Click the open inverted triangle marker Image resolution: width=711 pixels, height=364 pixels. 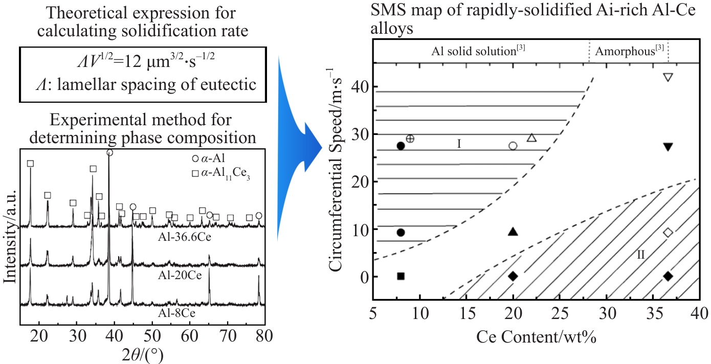point(668,77)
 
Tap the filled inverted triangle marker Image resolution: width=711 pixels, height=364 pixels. point(668,147)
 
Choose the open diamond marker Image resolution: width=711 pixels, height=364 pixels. point(668,233)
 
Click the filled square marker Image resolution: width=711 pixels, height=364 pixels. point(401,276)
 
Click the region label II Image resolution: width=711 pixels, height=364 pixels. point(641,254)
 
